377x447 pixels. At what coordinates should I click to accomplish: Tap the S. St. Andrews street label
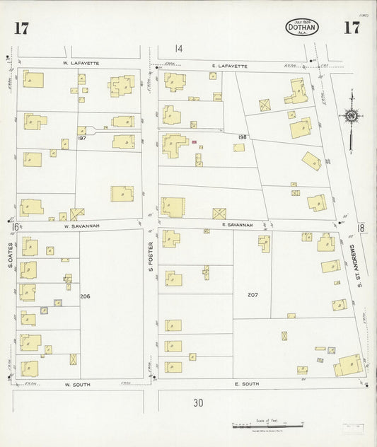(360, 267)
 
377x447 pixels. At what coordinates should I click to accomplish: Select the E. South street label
(246, 383)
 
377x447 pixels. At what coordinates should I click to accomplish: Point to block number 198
(242, 137)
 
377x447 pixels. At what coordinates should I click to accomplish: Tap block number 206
(85, 296)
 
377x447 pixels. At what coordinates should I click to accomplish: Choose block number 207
(251, 294)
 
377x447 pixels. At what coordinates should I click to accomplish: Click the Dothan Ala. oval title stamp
(302, 28)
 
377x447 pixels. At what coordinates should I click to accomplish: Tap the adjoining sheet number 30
(199, 403)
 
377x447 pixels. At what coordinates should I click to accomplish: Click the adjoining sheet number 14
(179, 49)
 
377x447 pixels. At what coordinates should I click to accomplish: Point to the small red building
(194, 141)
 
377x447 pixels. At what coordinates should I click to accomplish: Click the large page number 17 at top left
(21, 28)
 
